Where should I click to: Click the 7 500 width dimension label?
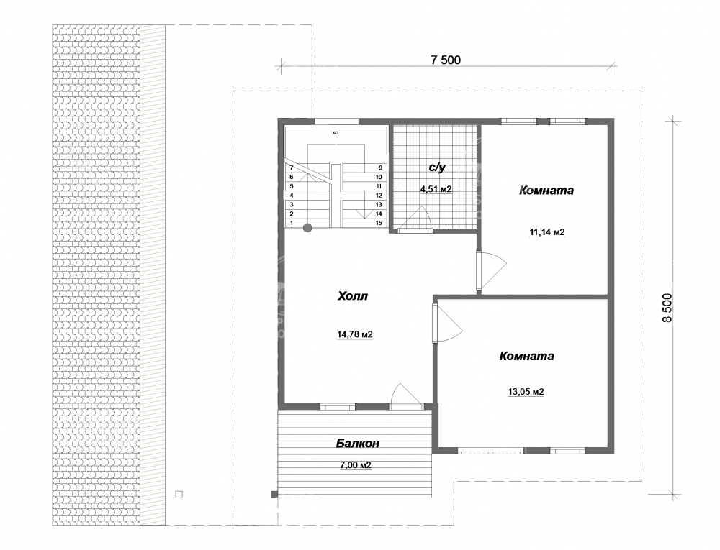tap(445, 60)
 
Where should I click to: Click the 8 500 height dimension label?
tap(667, 308)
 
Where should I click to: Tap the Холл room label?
tap(353, 296)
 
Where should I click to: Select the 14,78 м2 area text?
tap(355, 334)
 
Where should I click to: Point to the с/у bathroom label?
tap(437, 168)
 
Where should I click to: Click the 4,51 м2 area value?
tap(436, 188)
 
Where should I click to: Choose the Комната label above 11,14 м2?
tap(546, 191)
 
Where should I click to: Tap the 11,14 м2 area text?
tap(547, 232)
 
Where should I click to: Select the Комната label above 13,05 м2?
tap(527, 356)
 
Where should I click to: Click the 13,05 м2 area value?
tap(526, 392)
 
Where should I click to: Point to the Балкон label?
tap(357, 444)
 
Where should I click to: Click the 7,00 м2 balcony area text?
tap(356, 465)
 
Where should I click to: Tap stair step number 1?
tap(291, 223)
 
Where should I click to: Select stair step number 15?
tap(379, 223)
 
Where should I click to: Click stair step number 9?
tap(380, 168)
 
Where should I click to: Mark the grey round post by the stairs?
tap(307, 227)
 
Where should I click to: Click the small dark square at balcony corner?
tap(274, 494)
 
